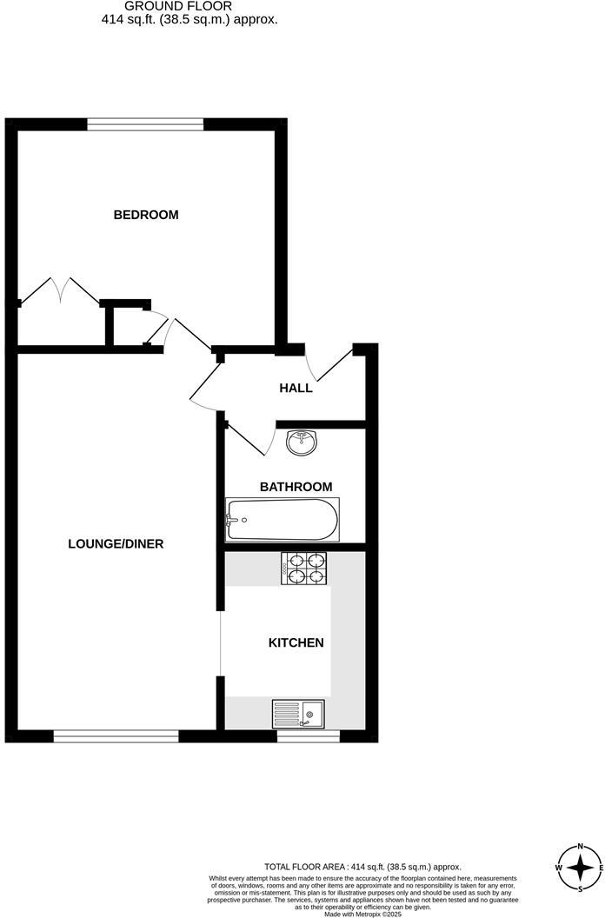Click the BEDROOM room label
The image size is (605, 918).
coord(146,215)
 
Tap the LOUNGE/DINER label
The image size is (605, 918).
coord(116,544)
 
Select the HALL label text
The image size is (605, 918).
coord(296,388)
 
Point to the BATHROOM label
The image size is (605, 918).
coord(295,487)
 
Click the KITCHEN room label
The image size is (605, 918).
coord(296,643)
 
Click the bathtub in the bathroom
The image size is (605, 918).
coord(283,520)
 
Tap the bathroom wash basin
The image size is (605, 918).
coord(301,442)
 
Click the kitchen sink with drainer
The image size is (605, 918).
coord(298,713)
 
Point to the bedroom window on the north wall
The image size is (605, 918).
coord(145,124)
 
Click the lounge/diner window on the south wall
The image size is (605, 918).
coord(116,736)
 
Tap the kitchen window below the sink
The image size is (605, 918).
coord(308,736)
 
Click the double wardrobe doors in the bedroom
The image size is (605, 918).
coord(59,292)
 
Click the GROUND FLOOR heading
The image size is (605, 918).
coord(189,6)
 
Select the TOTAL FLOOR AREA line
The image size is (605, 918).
coord(362,867)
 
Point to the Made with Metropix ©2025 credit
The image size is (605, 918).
coord(362,914)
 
